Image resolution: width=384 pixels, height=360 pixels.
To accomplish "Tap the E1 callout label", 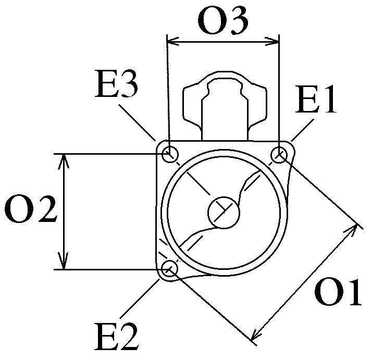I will click(316, 100).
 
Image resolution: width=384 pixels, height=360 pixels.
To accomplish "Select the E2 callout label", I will click(117, 337).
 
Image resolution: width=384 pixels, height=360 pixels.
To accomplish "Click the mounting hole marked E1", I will click(280, 155).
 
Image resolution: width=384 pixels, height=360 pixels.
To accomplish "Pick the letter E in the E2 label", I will click(106, 337).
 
